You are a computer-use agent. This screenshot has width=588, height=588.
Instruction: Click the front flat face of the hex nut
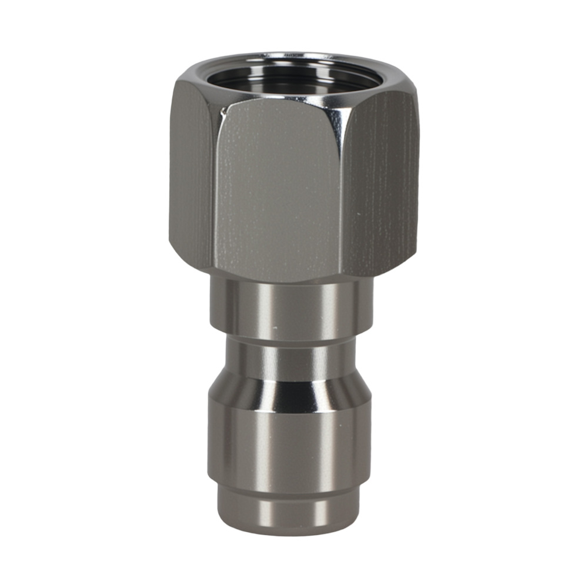click(276, 188)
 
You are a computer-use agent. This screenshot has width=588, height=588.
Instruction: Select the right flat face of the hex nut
click(379, 182)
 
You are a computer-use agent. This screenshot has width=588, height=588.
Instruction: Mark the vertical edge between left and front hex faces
click(213, 188)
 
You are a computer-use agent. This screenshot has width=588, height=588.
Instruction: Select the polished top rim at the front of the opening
click(282, 98)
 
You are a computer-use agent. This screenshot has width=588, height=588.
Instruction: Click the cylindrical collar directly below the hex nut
click(291, 306)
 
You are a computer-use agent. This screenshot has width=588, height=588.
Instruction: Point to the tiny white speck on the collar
click(275, 325)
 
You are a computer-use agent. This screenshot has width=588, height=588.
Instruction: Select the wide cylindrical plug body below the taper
click(291, 441)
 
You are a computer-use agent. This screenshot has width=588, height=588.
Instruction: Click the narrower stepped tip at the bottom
click(291, 506)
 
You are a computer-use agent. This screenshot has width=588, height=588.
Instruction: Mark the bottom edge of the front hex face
click(276, 280)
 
